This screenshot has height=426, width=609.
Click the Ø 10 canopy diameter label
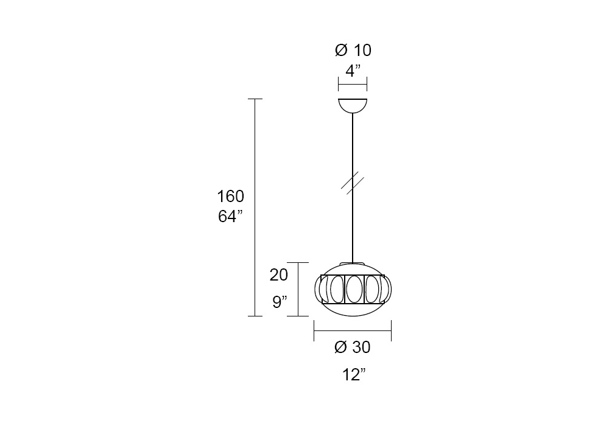coord(353,51)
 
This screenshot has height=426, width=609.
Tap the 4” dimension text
coord(353,71)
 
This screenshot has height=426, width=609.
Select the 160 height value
coord(230,197)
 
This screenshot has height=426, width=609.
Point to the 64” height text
coord(230,216)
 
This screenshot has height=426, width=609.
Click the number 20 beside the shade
coord(279,275)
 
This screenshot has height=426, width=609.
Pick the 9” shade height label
coord(280,301)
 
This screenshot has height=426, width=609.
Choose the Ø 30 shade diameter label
coord(352,347)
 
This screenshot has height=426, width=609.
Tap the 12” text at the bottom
coord(354,375)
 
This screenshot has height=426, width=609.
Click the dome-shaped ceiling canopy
coord(353,106)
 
